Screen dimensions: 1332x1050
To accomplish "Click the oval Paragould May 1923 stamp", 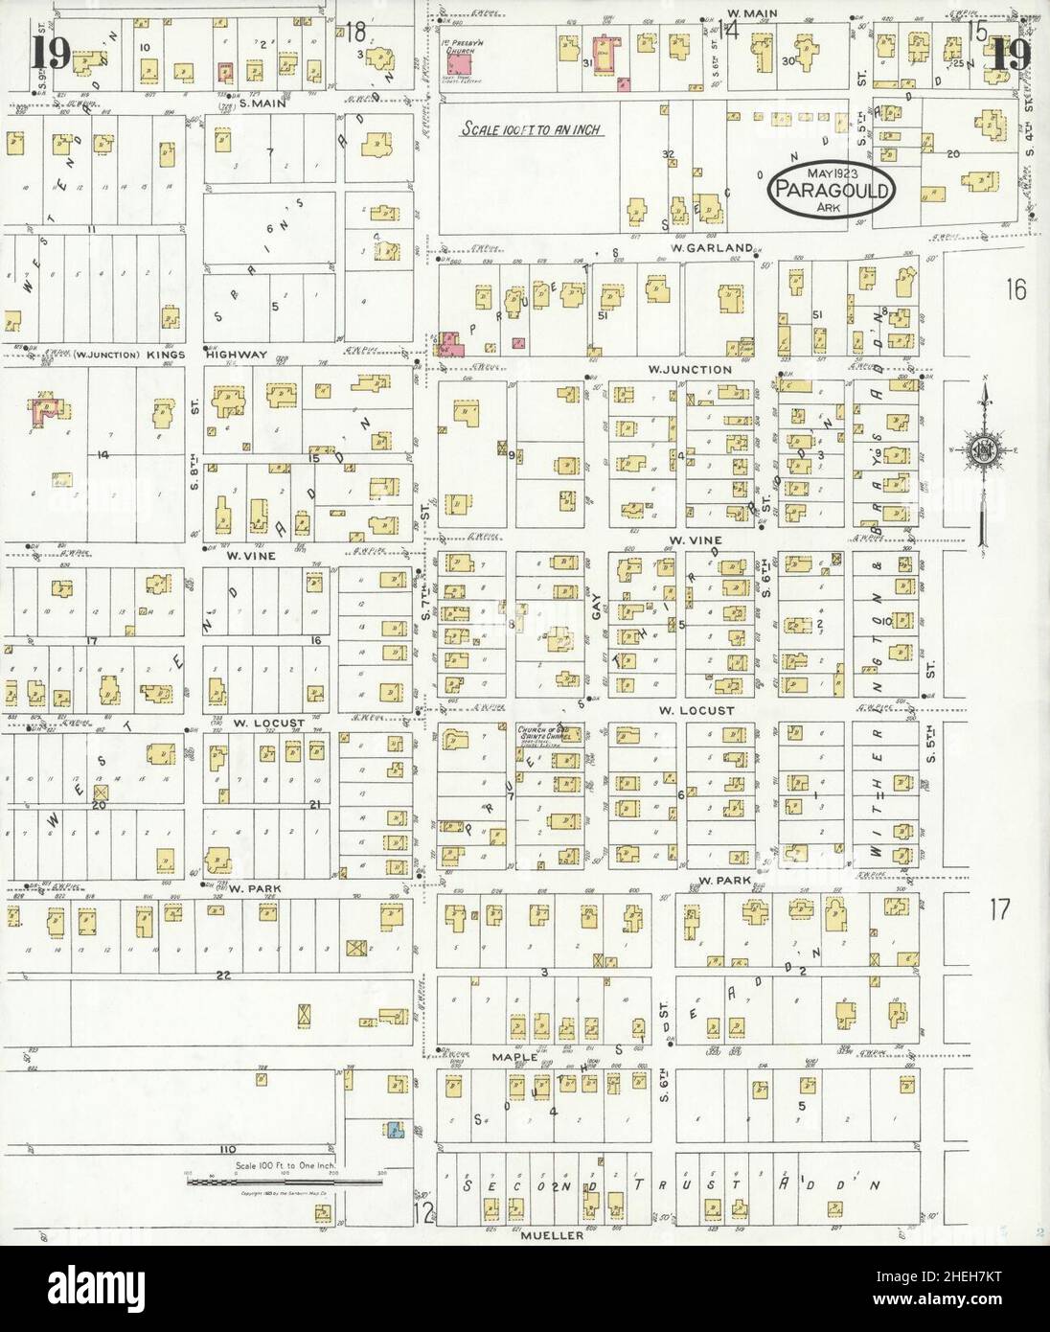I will [833, 190].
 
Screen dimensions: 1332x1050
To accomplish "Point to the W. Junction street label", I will [689, 369].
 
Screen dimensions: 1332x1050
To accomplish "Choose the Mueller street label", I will [553, 1235].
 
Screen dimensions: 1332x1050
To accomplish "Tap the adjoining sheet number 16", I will [1016, 289].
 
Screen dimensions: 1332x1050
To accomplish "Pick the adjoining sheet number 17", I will [999, 909].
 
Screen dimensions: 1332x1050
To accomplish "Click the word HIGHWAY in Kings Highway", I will [237, 355].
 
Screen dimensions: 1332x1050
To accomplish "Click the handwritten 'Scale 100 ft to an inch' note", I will [530, 128].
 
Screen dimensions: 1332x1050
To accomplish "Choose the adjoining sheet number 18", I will [356, 31].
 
